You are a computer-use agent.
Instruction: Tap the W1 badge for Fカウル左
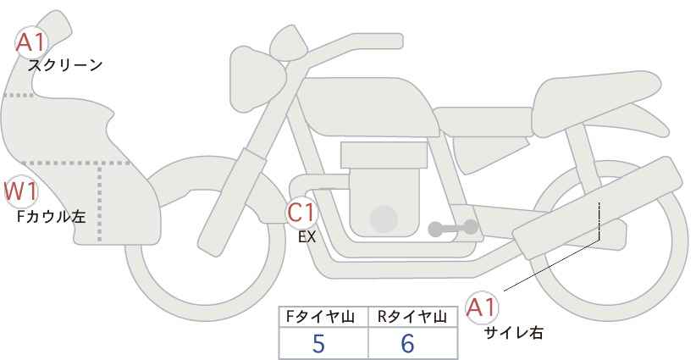pos(20,192)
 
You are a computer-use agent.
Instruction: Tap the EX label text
pos(307,237)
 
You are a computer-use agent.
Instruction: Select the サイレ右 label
pos(513,333)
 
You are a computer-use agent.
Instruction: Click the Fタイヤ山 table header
pos(323,317)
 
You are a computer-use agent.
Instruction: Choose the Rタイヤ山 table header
pos(412,317)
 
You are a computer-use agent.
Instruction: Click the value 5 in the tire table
pos(318,344)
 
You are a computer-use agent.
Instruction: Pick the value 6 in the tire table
pos(407,344)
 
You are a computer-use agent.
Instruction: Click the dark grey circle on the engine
pos(384,219)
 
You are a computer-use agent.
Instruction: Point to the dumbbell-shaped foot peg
pos(452,228)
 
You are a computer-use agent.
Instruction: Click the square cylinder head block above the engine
pos(383,155)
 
